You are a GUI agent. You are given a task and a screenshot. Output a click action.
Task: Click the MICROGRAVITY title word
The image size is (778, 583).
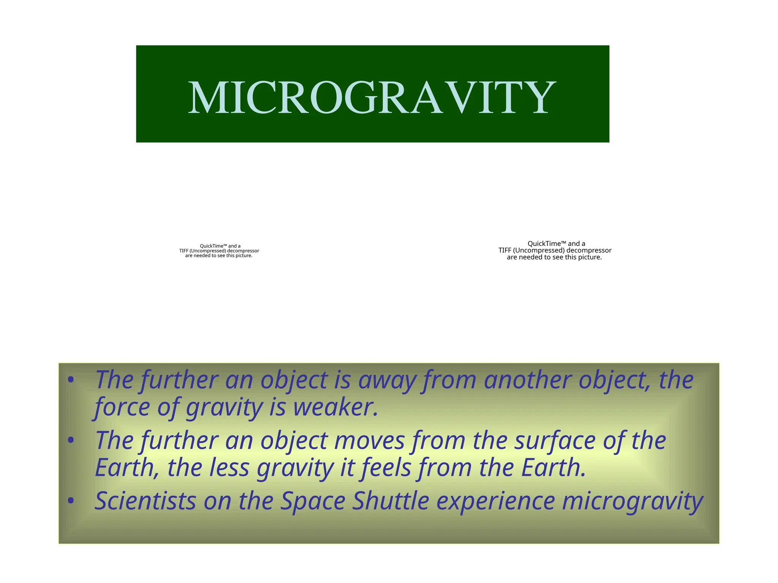pyautogui.click(x=372, y=98)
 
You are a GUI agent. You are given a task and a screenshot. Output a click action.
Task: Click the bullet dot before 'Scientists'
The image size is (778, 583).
pyautogui.click(x=70, y=501)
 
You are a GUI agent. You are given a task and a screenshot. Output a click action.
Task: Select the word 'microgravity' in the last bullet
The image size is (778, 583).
pyautogui.click(x=633, y=501)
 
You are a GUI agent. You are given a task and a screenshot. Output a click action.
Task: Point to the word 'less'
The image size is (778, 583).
pyautogui.click(x=229, y=468)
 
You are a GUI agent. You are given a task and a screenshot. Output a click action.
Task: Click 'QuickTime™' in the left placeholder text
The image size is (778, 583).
pyautogui.click(x=213, y=246)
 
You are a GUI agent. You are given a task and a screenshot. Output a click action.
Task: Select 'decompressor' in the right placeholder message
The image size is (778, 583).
pyautogui.click(x=589, y=251)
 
